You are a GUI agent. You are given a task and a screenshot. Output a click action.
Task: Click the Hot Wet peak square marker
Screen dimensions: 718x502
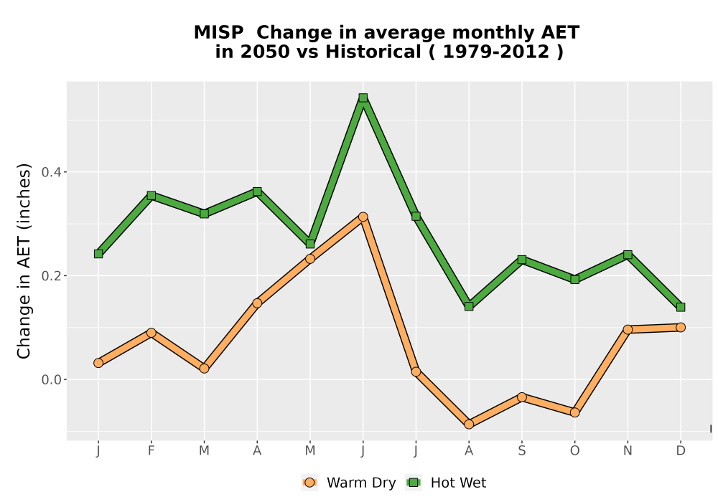click(363, 98)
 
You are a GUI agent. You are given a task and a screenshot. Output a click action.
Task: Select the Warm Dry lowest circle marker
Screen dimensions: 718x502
click(469, 425)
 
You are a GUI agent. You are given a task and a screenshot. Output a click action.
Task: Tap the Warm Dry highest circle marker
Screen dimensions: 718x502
click(363, 217)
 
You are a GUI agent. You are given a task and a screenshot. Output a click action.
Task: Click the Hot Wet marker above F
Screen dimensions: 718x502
click(151, 196)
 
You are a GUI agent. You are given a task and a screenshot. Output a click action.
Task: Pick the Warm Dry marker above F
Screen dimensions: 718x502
click(151, 333)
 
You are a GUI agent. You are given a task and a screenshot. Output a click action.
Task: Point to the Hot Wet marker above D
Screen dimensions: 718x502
click(681, 307)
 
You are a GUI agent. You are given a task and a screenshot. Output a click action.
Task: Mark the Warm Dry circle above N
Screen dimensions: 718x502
click(628, 329)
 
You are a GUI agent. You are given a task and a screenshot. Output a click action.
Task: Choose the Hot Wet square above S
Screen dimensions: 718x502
click(521, 260)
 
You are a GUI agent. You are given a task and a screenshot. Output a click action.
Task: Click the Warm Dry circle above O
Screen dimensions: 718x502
click(574, 412)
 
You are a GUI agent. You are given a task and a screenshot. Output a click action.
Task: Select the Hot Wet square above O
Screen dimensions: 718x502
click(574, 280)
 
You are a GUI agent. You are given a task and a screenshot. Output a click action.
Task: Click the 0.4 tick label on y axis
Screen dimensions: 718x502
click(51, 172)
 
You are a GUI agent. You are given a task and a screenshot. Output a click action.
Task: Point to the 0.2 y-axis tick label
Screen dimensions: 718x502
click(51, 276)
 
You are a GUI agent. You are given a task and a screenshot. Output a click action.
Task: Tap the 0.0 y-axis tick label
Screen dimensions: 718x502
click(51, 380)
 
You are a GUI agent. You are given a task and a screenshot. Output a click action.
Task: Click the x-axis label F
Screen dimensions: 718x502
click(151, 451)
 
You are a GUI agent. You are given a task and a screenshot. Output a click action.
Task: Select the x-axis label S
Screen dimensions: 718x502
click(521, 451)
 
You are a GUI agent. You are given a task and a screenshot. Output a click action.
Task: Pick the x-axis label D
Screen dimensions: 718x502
click(681, 451)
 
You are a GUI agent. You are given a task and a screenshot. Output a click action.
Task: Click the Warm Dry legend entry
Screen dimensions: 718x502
click(349, 483)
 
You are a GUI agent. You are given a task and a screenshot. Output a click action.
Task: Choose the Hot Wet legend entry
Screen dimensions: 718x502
click(447, 483)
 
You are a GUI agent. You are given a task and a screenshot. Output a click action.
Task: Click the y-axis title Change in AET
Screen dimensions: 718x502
click(24, 261)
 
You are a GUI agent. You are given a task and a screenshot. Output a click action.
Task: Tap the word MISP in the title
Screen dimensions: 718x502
click(219, 33)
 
